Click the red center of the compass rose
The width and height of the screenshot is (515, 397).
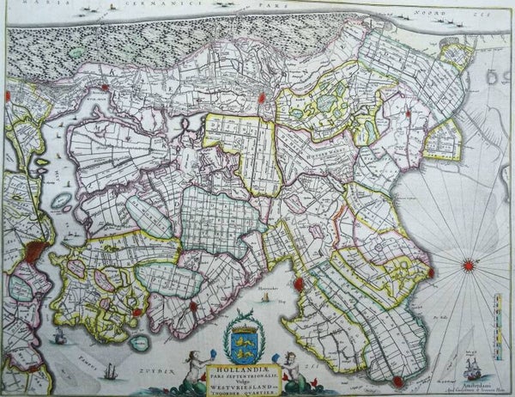(470, 265)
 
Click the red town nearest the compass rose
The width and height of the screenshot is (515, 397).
(430, 274)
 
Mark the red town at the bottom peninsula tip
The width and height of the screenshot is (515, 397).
(397, 381)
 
